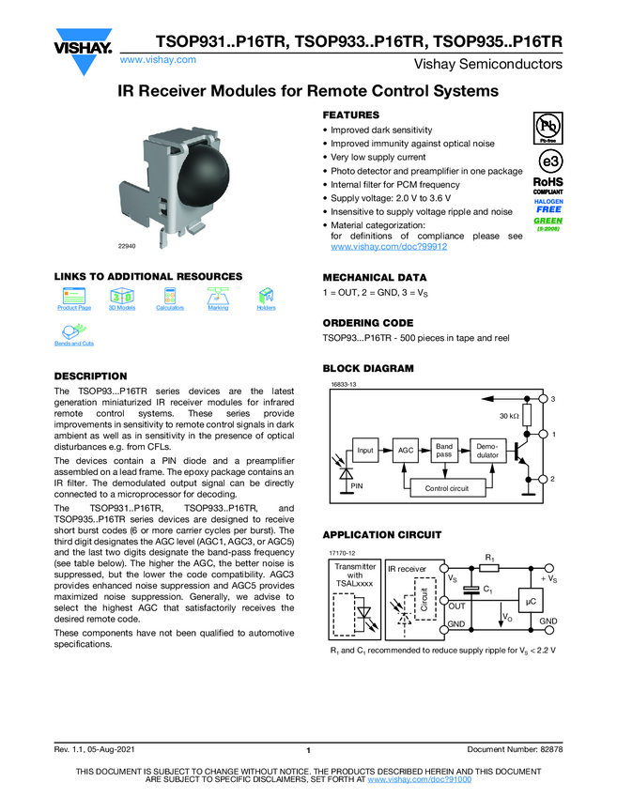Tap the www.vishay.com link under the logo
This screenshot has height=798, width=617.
pyautogui.click(x=159, y=59)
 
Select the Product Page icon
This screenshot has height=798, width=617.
pyautogui.click(x=73, y=295)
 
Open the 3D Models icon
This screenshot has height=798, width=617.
pyautogui.click(x=122, y=295)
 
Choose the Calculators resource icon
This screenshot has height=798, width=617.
pyautogui.click(x=170, y=295)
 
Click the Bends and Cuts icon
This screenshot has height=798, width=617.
pyautogui.click(x=73, y=332)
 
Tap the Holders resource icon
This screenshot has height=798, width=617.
pyautogui.click(x=267, y=295)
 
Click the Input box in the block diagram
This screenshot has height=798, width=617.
pyautogui.click(x=365, y=451)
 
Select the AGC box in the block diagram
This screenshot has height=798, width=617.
pyautogui.click(x=406, y=451)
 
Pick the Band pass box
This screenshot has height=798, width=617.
pyautogui.click(x=444, y=451)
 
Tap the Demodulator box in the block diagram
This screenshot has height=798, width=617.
pyautogui.click(x=487, y=451)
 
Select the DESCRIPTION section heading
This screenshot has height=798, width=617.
pyautogui.click(x=90, y=376)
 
